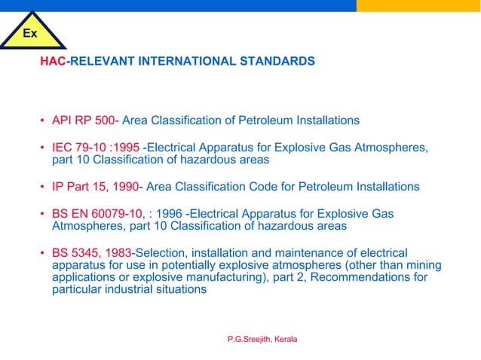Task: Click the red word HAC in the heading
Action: coord(53,60)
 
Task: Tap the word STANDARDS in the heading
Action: coord(282,60)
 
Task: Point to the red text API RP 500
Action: coord(83,120)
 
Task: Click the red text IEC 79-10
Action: coord(79,147)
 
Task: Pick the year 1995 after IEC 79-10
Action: coord(125,147)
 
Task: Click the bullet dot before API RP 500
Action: coord(43,121)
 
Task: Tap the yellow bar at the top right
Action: coord(418,5)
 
